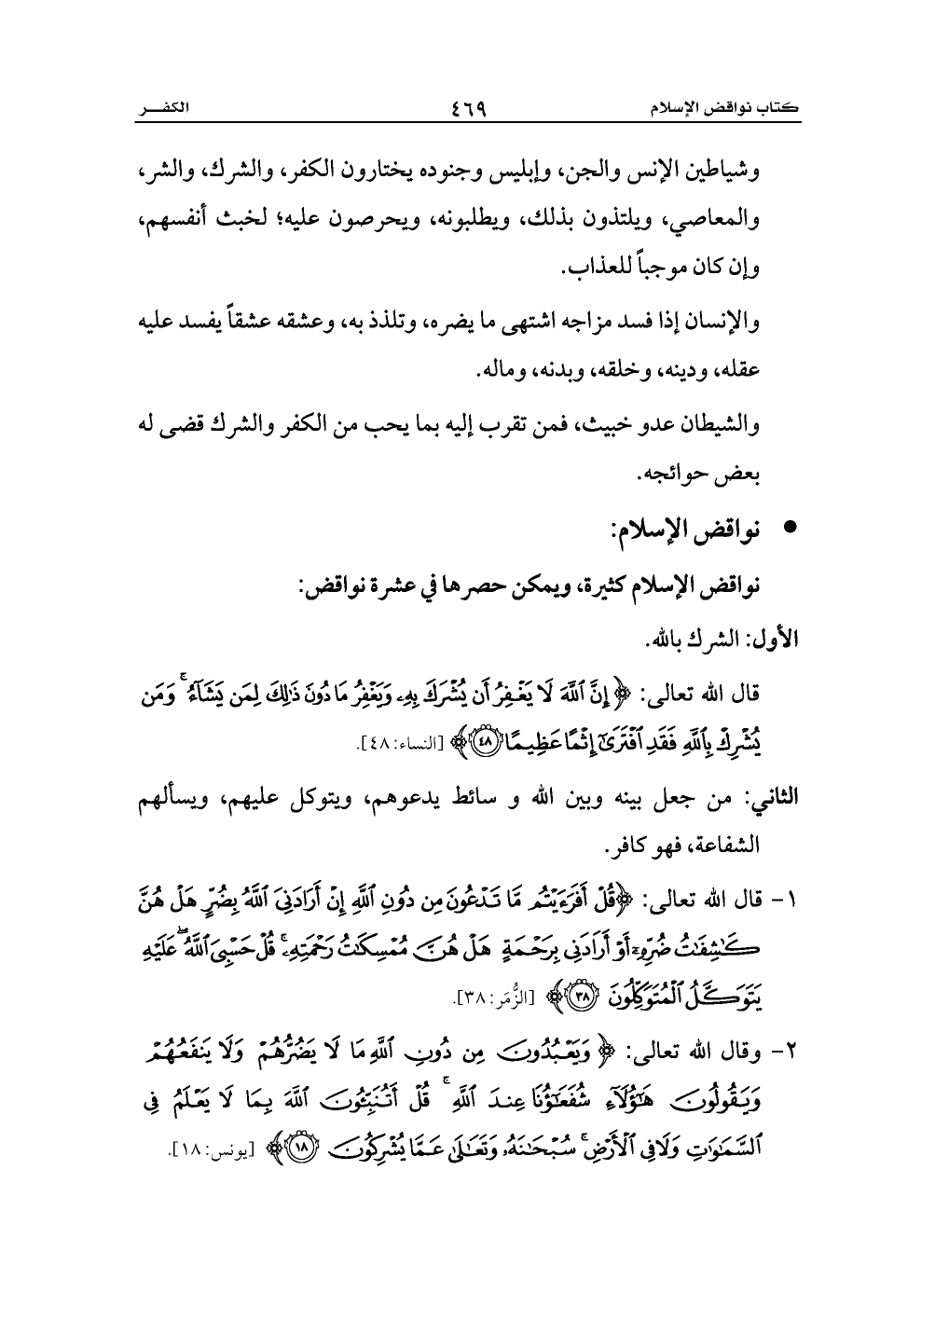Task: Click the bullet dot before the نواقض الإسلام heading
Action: [790, 527]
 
